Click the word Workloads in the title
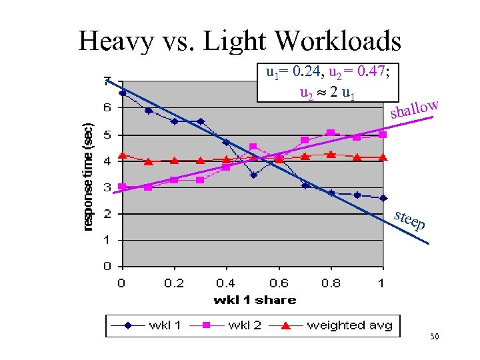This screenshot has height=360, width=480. tap(337, 41)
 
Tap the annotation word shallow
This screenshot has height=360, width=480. tap(414, 108)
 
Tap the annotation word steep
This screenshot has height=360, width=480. tap(409, 221)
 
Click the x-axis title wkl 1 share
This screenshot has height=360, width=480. tap(255, 300)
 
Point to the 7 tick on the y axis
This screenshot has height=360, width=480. tap(107, 81)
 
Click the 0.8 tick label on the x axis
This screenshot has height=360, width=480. tap(331, 283)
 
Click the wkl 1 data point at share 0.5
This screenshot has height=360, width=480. tap(253, 175)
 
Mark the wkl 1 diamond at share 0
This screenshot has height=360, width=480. tap(122, 93)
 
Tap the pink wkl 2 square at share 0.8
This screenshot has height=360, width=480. tap(331, 133)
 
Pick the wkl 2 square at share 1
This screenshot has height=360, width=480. tap(383, 135)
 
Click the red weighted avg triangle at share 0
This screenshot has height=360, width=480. tap(122, 156)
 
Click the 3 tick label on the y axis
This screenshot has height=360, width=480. tap(107, 187)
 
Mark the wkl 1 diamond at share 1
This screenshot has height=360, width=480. tap(383, 198)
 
